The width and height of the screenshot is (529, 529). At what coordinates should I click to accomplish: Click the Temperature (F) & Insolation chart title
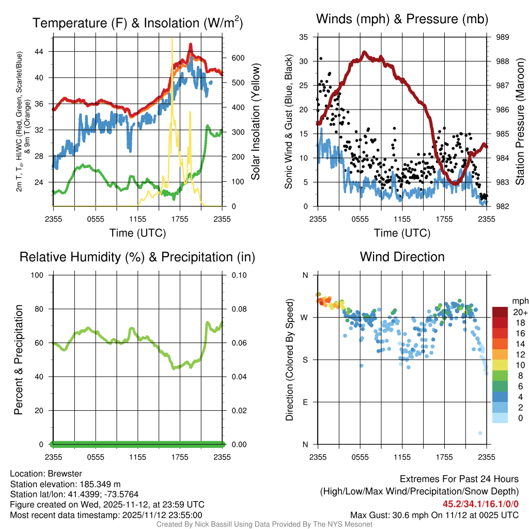(137, 23)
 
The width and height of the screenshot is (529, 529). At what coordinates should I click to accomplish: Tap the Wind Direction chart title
(402, 257)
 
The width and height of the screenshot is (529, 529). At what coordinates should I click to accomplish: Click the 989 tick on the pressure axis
(502, 37)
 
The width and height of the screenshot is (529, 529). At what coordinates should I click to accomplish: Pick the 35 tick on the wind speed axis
(304, 37)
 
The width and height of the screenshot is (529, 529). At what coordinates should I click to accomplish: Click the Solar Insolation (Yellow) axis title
(255, 122)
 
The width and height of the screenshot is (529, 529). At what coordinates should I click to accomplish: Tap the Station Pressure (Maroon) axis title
(520, 122)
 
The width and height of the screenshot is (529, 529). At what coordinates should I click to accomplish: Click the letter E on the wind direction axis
(305, 402)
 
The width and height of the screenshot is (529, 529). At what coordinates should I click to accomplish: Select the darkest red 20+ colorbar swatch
(500, 313)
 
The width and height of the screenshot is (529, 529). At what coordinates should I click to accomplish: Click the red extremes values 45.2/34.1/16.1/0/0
(480, 504)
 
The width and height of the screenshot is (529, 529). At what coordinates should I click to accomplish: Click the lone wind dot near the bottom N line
(480, 433)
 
